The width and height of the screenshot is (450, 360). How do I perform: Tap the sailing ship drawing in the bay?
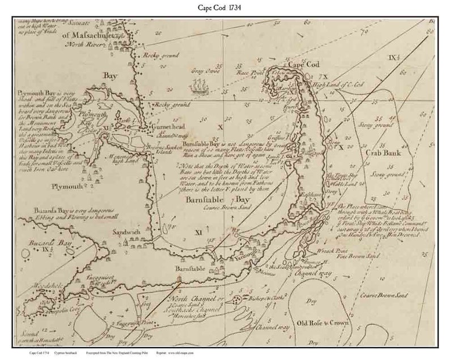pos(199,86)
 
